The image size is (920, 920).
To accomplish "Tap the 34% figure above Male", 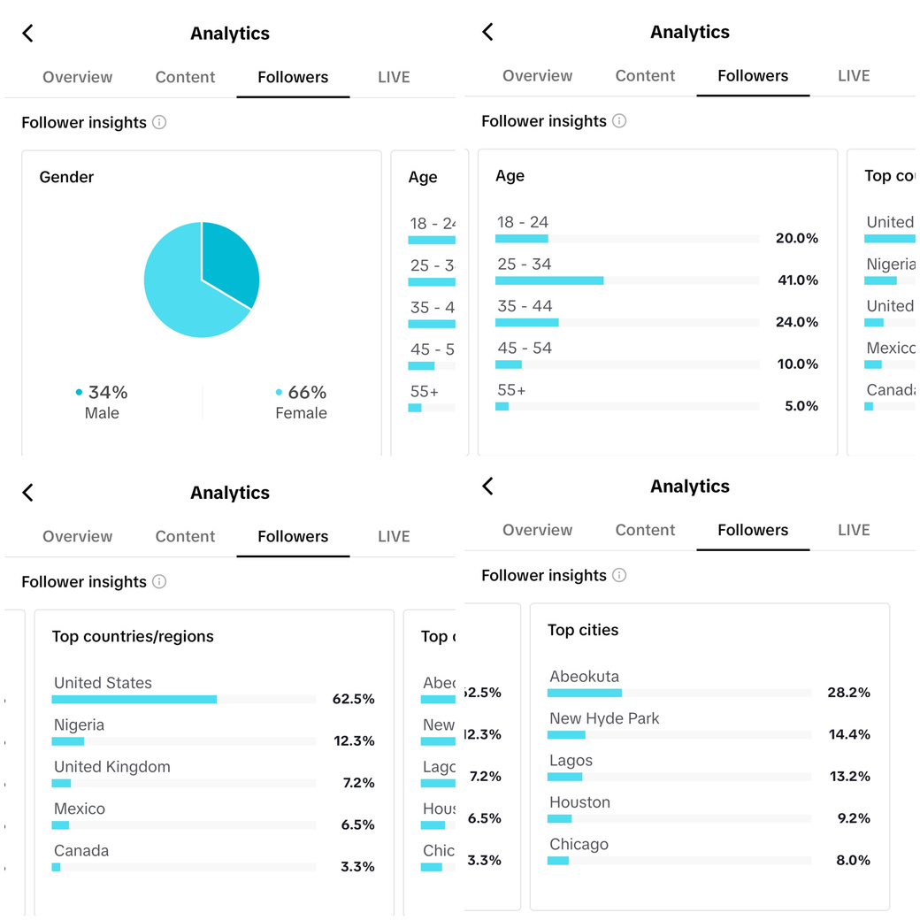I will [x=108, y=392].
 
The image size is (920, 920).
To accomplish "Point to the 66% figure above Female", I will [x=307, y=392].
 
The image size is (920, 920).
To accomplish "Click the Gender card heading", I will [x=66, y=177].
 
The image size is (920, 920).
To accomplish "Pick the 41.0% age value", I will [x=796, y=280].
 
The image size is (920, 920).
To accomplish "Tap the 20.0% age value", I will [x=796, y=239].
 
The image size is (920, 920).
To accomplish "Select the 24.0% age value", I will [x=796, y=322].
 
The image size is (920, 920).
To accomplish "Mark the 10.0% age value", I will [x=796, y=364].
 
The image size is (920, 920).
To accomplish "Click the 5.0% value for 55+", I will [x=800, y=406].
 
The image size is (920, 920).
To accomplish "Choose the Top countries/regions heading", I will [x=133, y=636].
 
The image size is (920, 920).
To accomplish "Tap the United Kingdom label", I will [x=112, y=767].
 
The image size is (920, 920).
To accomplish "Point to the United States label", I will [x=103, y=683].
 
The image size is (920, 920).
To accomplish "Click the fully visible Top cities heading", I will [x=583, y=630].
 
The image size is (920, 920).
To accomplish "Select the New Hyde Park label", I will [x=604, y=718].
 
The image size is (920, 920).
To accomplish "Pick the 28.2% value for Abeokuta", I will [x=848, y=693].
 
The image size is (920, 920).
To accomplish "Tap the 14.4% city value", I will [x=848, y=734].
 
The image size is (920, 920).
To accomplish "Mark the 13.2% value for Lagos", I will [x=848, y=777].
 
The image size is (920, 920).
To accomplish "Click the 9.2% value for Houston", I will [x=852, y=818].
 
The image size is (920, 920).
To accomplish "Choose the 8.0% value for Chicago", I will [x=852, y=860].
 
